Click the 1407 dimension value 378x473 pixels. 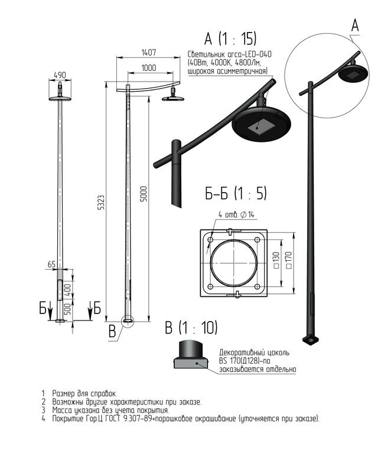149,52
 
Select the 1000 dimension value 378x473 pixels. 149,68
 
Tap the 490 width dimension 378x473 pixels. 60,75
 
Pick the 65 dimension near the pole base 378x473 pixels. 51,264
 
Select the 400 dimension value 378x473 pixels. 68,290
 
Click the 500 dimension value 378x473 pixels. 68,309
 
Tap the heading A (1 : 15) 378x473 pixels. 230,39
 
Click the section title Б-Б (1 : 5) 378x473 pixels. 236,194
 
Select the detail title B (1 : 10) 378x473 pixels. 191,328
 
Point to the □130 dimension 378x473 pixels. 276,261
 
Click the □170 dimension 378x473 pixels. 288,260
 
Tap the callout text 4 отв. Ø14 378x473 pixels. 236,215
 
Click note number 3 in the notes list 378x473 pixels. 43,410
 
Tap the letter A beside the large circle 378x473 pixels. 355,25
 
